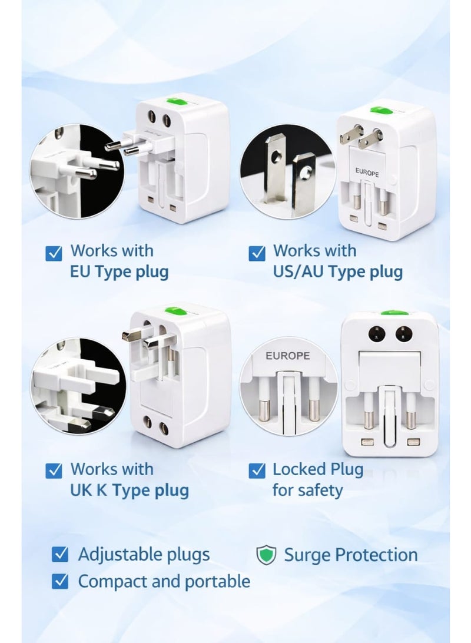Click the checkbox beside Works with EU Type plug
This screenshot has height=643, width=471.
pos(54,253)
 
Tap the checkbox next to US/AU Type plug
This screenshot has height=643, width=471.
pos(257,253)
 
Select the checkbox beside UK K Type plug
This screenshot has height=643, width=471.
pos(54,470)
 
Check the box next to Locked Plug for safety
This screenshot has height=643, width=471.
pos(257,470)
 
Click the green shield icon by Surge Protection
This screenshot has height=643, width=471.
pos(266,555)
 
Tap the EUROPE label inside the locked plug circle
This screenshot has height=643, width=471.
pos(287,356)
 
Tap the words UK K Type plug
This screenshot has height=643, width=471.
pos(130,490)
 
